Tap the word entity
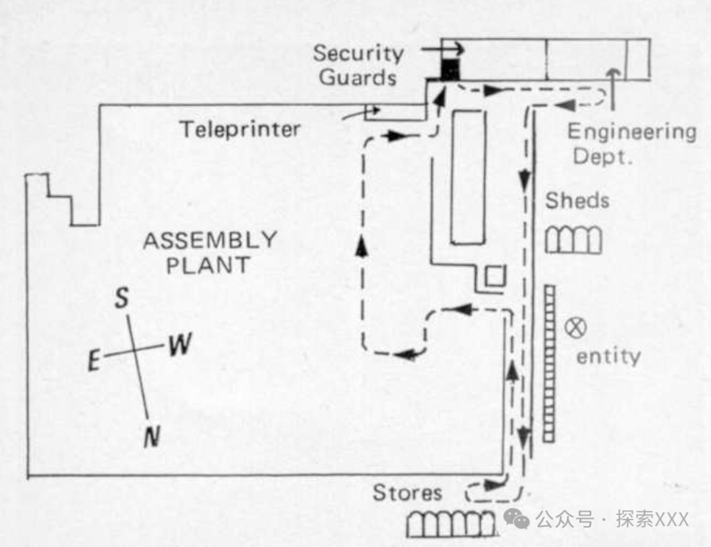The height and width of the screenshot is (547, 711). [608, 356]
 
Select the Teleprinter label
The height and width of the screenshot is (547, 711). [240, 129]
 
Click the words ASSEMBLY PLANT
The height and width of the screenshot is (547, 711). [210, 252]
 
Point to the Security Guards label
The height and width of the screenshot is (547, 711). [358, 65]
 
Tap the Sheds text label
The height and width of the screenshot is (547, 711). [577, 200]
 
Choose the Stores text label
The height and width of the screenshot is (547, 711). [408, 492]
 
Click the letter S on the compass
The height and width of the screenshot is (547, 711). [122, 300]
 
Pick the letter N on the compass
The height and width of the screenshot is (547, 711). [151, 436]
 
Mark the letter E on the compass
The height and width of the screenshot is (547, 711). [95, 360]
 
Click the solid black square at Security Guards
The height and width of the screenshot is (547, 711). [450, 69]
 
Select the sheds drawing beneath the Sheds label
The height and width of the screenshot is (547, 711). [573, 240]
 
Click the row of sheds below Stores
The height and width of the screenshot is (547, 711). [451, 524]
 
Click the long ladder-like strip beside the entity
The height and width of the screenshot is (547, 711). [549, 363]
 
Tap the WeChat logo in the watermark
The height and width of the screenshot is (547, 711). [520, 519]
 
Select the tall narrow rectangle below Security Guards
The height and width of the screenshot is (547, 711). [468, 176]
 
